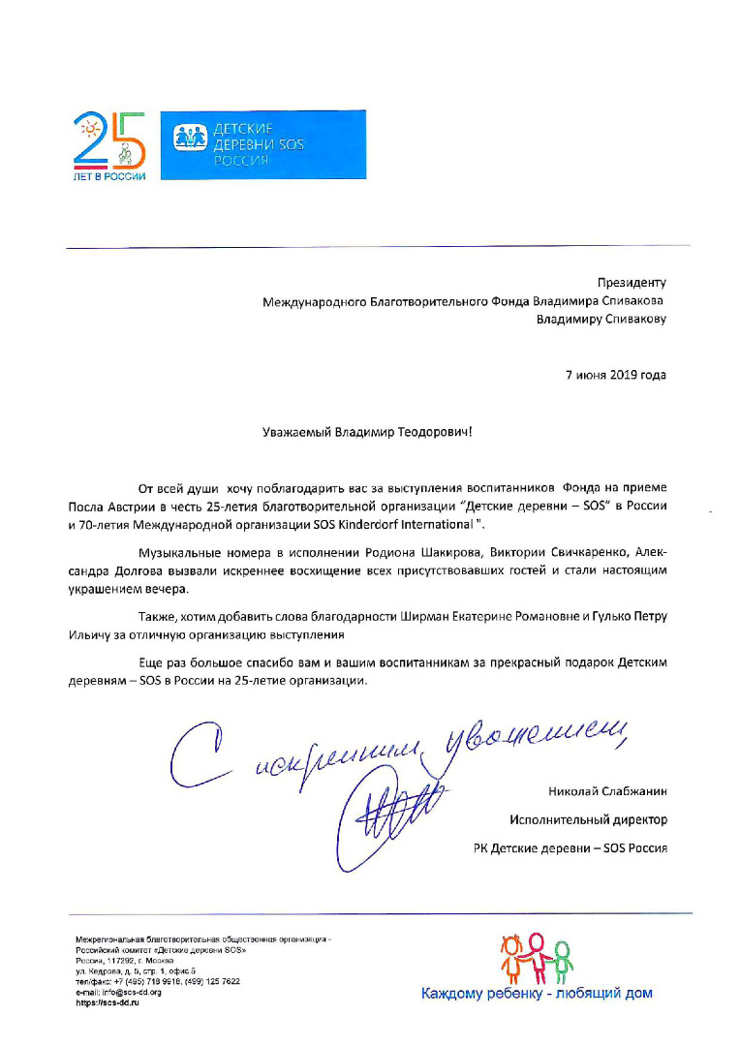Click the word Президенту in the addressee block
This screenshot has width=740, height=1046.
(x=632, y=283)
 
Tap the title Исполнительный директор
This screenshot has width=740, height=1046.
(x=589, y=819)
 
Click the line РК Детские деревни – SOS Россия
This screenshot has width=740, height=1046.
(x=570, y=848)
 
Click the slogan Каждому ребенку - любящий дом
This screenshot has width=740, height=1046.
(x=536, y=994)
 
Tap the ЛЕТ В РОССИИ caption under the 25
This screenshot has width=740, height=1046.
(x=109, y=175)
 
